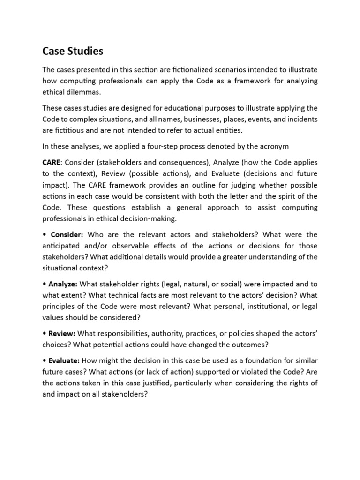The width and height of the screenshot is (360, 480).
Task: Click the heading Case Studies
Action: (x=73, y=50)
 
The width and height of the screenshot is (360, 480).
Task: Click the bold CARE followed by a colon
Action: (x=52, y=162)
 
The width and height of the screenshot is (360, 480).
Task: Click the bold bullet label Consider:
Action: (x=67, y=234)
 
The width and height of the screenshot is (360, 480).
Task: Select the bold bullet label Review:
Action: (x=61, y=334)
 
